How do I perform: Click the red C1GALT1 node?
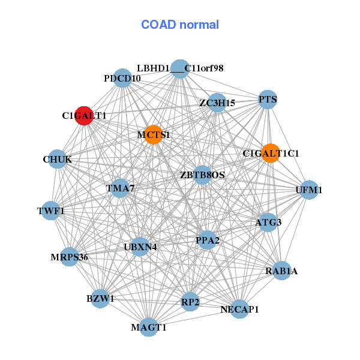84,115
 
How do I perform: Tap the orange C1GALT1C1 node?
271,153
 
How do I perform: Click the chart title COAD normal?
180,25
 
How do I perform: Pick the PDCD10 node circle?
122,79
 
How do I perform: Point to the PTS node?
268,100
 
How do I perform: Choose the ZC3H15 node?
217,103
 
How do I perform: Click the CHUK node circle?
58,159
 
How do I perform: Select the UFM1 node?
309,190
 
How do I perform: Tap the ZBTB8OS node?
202,175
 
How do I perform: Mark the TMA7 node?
120,188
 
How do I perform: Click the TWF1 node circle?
51,211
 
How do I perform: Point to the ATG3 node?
268,223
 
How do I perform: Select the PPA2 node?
208,241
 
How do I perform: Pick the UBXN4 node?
140,246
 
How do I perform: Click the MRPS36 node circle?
70,257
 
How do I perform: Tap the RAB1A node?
281,271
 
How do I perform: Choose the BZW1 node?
100,298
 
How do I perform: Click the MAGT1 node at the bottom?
149,327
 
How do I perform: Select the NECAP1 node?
239,309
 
